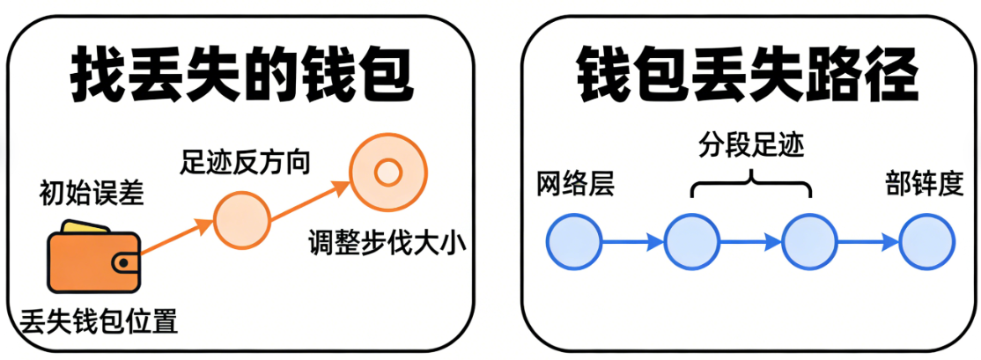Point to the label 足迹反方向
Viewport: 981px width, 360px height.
tap(245, 161)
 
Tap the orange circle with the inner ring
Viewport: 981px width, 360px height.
tap(387, 171)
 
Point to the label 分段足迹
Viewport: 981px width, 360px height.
tap(751, 146)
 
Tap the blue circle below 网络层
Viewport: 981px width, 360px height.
tap(574, 240)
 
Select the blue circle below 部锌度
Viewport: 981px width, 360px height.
tap(927, 240)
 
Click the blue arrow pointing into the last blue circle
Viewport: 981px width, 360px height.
tap(868, 240)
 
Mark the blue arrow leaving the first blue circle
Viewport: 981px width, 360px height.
tap(632, 240)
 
